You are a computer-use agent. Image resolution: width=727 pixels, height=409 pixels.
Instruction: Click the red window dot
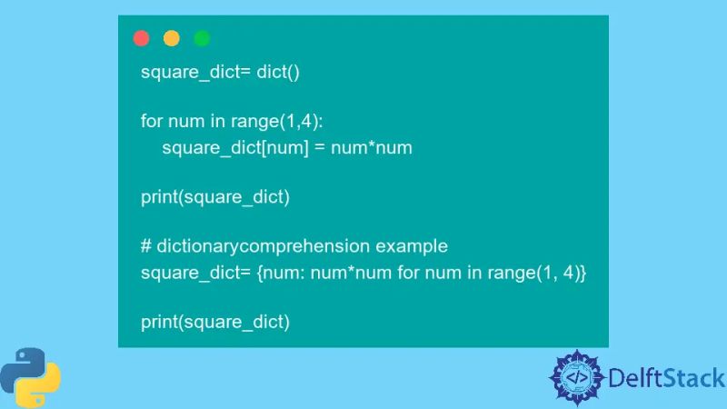click(x=141, y=38)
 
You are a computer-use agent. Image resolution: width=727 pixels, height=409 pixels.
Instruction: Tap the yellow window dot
click(x=171, y=38)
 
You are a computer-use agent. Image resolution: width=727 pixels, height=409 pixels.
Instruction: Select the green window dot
click(x=202, y=38)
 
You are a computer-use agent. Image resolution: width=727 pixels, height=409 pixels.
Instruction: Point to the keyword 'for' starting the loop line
click(x=152, y=121)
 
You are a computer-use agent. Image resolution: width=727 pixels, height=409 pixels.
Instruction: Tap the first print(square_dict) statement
click(x=215, y=196)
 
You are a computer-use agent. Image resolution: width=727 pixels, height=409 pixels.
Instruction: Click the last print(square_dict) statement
click(x=215, y=321)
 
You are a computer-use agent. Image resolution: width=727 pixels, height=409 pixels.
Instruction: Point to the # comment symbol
click(x=145, y=246)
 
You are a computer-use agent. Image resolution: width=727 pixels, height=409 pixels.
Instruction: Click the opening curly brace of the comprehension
click(x=262, y=272)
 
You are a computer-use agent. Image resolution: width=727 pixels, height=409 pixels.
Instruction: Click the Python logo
click(x=30, y=375)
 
